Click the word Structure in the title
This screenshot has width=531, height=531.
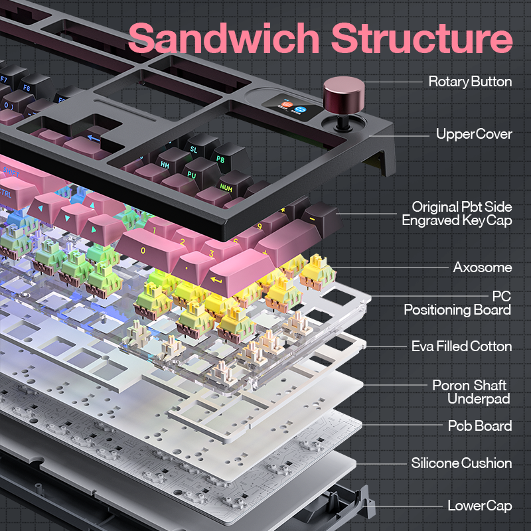[421, 38]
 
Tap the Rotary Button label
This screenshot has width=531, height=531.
[470, 82]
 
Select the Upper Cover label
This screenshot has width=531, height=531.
[474, 134]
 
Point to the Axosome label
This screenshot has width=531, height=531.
[483, 267]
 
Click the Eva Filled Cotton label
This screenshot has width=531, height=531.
[461, 346]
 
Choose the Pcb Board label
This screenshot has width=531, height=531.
[479, 425]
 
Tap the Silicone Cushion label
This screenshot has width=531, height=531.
[461, 463]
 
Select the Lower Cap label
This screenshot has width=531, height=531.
[479, 506]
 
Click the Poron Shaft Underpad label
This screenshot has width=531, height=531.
[470, 392]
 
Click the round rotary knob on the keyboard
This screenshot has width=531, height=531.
[342, 91]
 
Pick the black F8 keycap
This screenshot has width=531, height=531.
[28, 87]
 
